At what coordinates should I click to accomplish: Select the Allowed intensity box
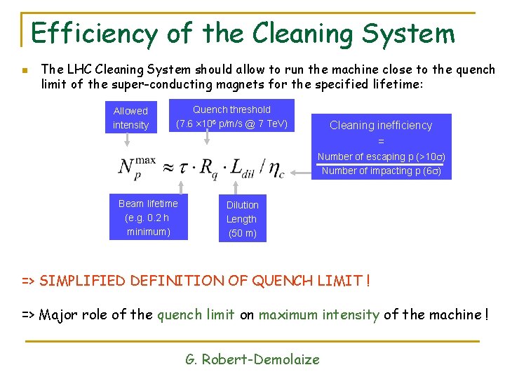coord(131,118)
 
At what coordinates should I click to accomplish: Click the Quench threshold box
coord(231,117)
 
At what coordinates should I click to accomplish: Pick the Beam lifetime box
coord(148,218)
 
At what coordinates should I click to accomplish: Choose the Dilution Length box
coord(242,218)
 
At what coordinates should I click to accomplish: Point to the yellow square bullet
coord(24,70)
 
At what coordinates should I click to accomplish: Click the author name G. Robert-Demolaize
coord(252,359)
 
